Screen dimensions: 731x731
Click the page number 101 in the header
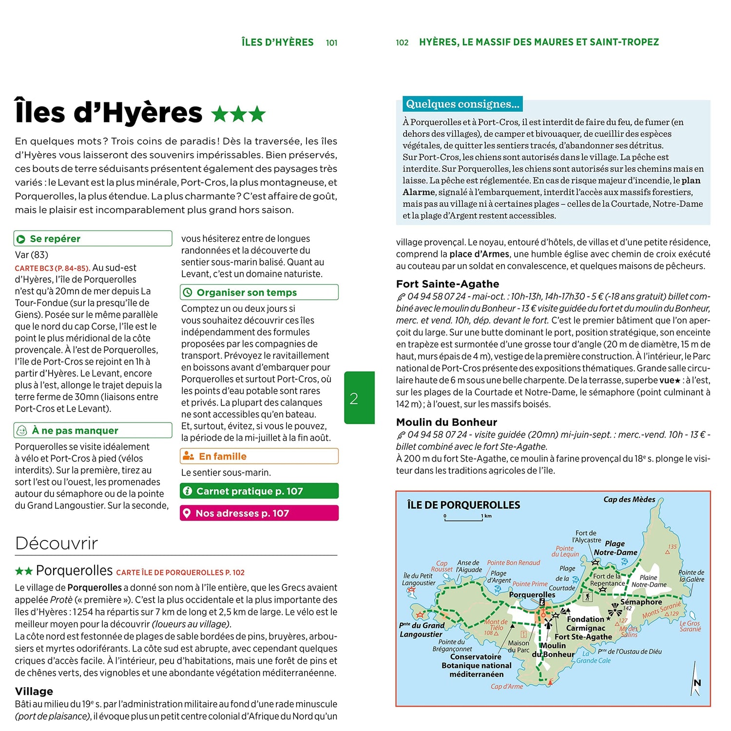tap(331, 43)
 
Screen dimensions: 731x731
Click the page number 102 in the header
tap(402, 43)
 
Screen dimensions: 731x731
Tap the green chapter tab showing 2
tap(359, 398)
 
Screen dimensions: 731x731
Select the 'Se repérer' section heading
tap(55, 239)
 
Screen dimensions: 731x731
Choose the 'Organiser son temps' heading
tap(246, 292)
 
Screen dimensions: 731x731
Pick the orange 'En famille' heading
tap(222, 456)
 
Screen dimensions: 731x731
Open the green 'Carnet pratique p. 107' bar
tap(259, 491)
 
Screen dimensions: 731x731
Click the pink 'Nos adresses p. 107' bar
tap(259, 513)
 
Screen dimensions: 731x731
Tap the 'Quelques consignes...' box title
tap(462, 104)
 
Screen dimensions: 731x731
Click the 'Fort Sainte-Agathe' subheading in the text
tap(447, 284)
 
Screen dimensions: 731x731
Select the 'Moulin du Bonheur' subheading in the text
tap(446, 422)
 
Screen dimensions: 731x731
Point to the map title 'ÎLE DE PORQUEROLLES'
tap(463, 505)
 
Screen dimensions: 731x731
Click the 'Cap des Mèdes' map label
tap(629, 500)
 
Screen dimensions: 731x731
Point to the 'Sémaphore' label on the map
tap(641, 602)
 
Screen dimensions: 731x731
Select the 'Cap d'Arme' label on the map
tap(507, 687)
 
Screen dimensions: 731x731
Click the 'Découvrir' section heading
tap(57, 543)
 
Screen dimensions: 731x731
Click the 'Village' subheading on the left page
tap(34, 691)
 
